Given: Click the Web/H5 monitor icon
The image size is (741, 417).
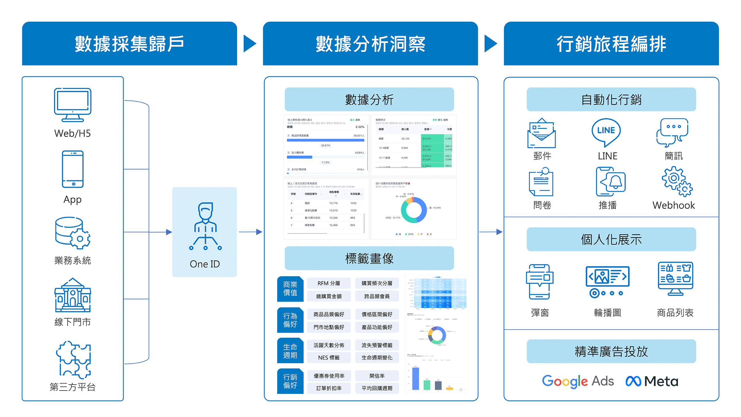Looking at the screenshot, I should (73, 105).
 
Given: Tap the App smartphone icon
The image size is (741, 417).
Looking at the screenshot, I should (73, 169).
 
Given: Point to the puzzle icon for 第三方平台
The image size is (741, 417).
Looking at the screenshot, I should (73, 360).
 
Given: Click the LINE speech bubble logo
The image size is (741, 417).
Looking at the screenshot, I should (606, 132).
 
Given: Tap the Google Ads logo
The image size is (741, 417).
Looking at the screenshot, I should (578, 381).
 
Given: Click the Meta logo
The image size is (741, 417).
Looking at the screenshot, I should (652, 381).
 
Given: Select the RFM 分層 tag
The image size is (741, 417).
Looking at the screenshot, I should (329, 283).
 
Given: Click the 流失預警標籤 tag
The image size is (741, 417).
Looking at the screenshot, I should (377, 345).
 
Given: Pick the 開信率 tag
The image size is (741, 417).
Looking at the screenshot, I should (377, 376).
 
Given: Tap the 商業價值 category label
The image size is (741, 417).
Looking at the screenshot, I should (290, 289).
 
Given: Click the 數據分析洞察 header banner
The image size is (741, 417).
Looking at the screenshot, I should (370, 44).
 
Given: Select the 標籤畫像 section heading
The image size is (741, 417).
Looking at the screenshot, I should (369, 258).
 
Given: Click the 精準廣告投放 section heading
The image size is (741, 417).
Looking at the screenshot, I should (611, 352).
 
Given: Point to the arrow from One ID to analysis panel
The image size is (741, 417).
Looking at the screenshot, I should (250, 232).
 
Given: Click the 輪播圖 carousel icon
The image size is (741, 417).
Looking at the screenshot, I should (607, 281).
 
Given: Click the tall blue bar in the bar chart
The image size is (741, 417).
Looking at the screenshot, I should (416, 378).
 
